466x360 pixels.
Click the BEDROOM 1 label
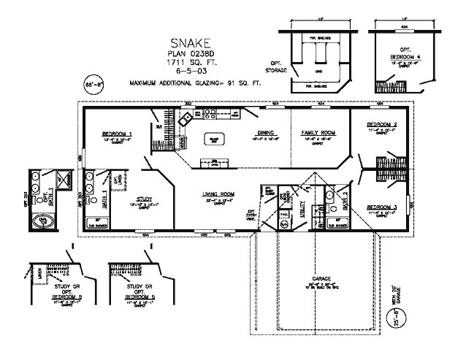click(117, 134)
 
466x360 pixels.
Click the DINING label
click(264, 133)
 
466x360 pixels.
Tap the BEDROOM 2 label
click(381, 126)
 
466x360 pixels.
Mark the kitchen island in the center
click(214, 139)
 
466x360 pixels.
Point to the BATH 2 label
click(345, 198)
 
